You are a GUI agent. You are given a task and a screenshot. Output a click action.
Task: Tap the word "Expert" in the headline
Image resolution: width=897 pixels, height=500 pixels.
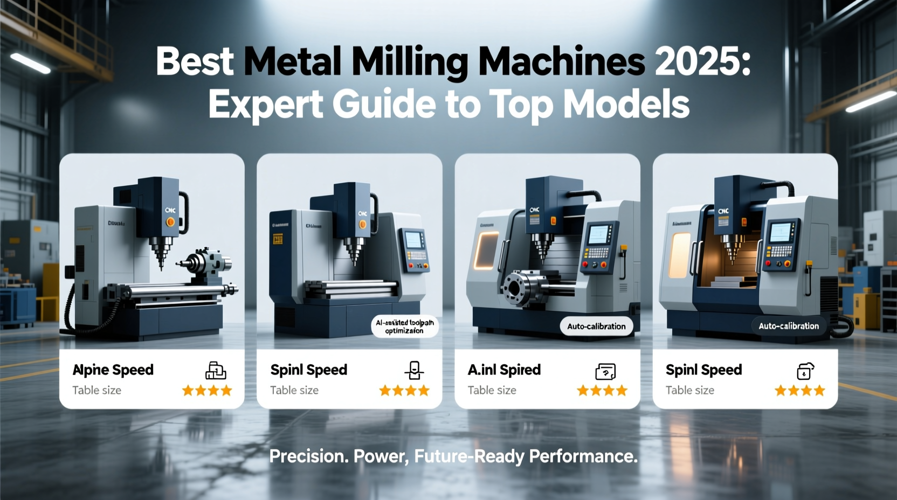(x=265, y=105)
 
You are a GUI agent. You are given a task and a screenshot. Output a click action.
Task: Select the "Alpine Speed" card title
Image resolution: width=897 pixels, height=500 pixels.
(x=113, y=370)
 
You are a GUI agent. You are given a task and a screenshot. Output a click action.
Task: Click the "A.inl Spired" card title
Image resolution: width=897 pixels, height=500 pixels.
(x=504, y=370)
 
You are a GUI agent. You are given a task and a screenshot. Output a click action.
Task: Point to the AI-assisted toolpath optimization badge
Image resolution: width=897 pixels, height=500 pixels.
(x=405, y=327)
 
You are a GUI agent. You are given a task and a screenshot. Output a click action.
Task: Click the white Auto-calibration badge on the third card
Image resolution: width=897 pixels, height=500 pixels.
(x=596, y=327)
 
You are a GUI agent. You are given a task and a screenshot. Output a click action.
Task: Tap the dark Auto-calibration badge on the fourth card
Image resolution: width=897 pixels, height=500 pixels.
(x=789, y=326)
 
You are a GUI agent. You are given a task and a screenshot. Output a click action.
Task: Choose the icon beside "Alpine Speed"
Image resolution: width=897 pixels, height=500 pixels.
(x=216, y=371)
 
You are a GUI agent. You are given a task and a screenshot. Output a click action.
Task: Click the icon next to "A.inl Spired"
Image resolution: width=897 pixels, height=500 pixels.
(x=605, y=371)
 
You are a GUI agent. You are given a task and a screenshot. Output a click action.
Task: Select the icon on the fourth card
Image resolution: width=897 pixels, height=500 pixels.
(x=805, y=371)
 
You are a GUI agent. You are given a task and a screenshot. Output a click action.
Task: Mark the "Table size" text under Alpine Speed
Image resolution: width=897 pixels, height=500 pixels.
(x=97, y=390)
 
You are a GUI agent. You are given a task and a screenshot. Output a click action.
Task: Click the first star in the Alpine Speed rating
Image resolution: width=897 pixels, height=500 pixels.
(x=188, y=390)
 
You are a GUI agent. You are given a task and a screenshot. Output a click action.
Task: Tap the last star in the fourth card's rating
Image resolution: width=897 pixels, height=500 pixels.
(x=819, y=390)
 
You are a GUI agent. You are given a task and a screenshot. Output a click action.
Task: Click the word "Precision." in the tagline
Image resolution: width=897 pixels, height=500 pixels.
(x=309, y=456)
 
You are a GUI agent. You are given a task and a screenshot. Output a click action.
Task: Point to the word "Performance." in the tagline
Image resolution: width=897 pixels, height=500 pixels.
(x=583, y=456)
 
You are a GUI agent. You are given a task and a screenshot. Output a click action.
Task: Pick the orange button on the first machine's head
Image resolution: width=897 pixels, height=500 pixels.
(x=170, y=221)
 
